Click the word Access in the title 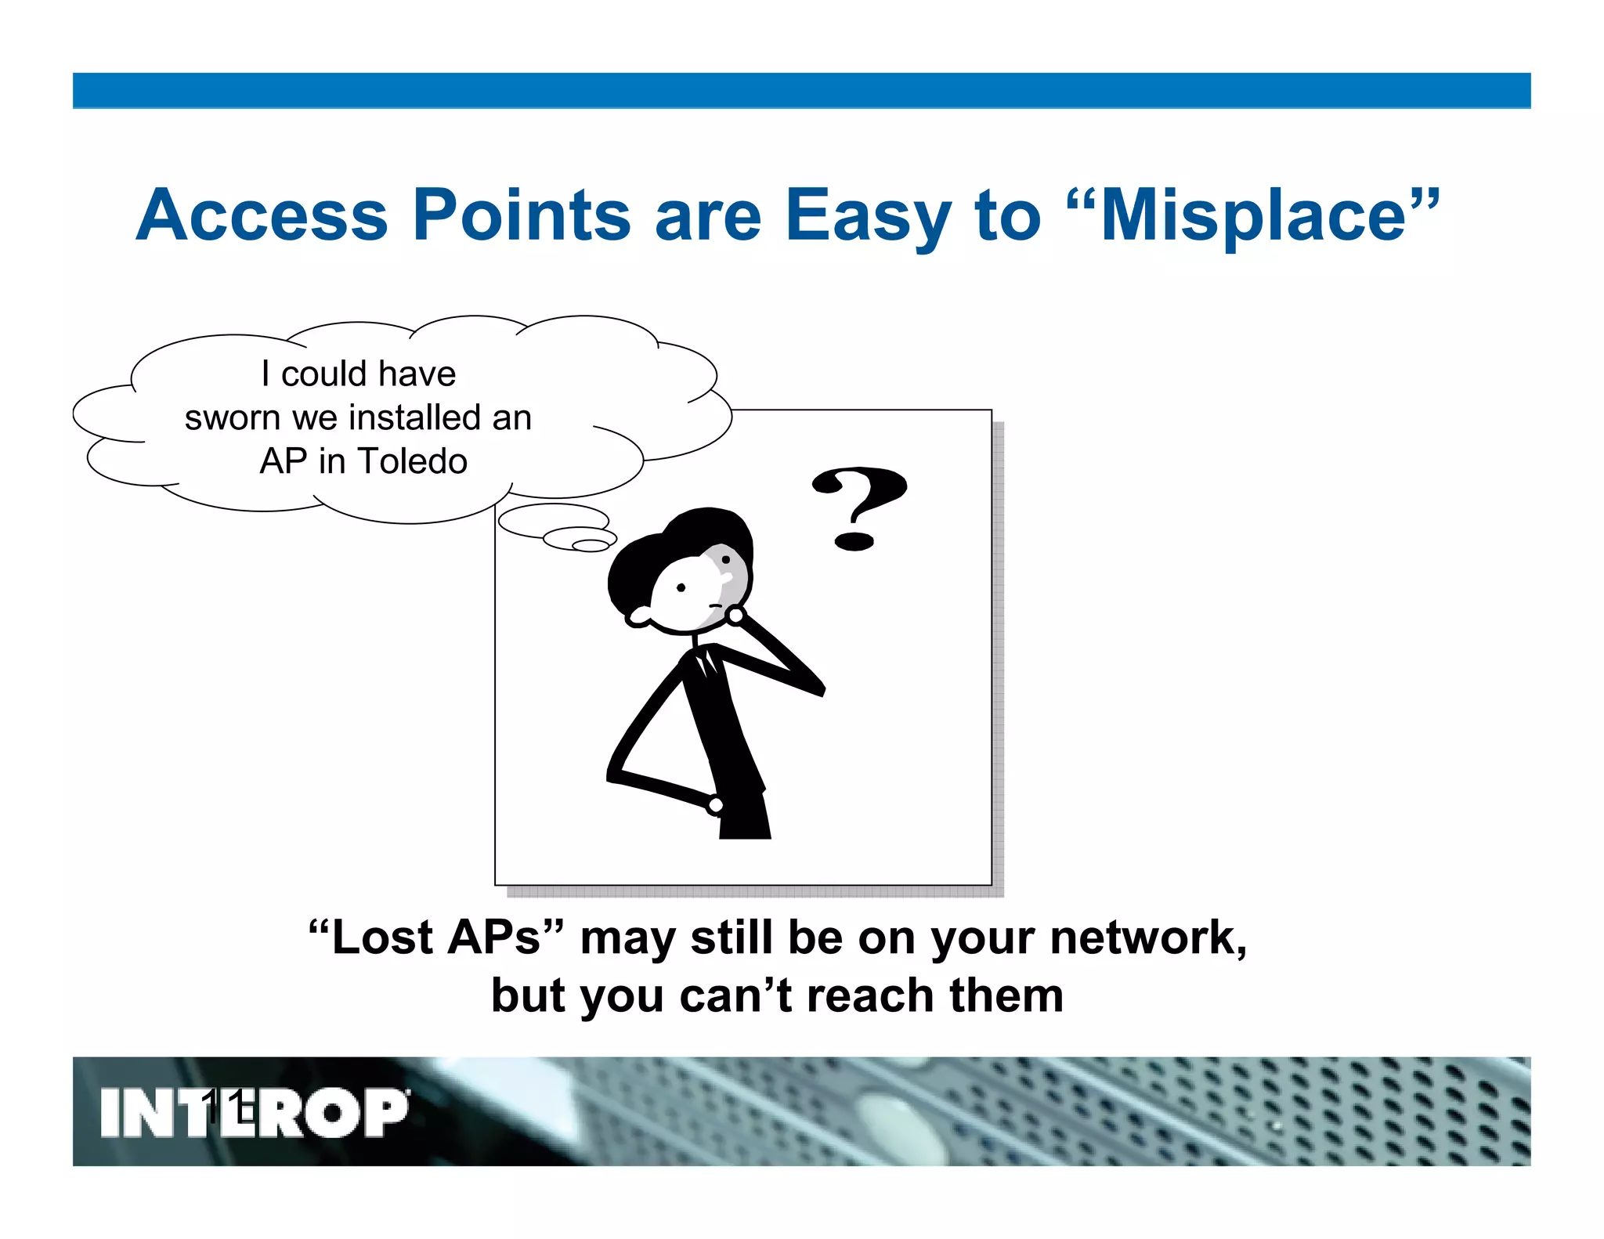click(x=262, y=215)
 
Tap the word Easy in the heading click(x=868, y=215)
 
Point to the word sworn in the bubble click(x=233, y=418)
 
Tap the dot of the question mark click(x=854, y=540)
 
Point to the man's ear click(x=639, y=616)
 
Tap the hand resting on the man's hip click(x=715, y=804)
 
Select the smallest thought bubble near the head click(x=591, y=545)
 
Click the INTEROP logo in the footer click(x=255, y=1112)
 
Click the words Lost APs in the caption click(x=435, y=937)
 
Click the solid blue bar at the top click(x=801, y=90)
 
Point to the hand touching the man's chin click(x=735, y=616)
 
